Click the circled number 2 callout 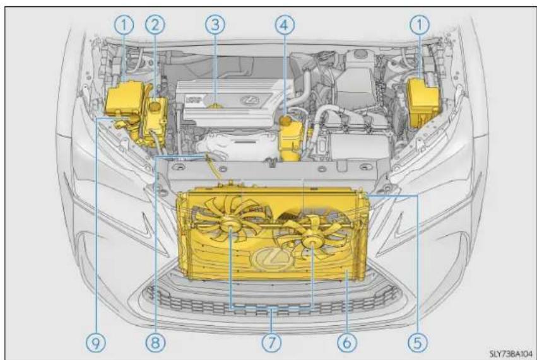[155, 25]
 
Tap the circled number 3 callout [215, 25]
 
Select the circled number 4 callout [285, 25]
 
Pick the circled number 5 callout [418, 342]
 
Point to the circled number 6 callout [347, 342]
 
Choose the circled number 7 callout [271, 342]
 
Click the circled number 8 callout [155, 342]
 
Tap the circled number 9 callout [97, 342]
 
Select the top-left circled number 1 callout [124, 25]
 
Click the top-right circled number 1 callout [419, 25]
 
